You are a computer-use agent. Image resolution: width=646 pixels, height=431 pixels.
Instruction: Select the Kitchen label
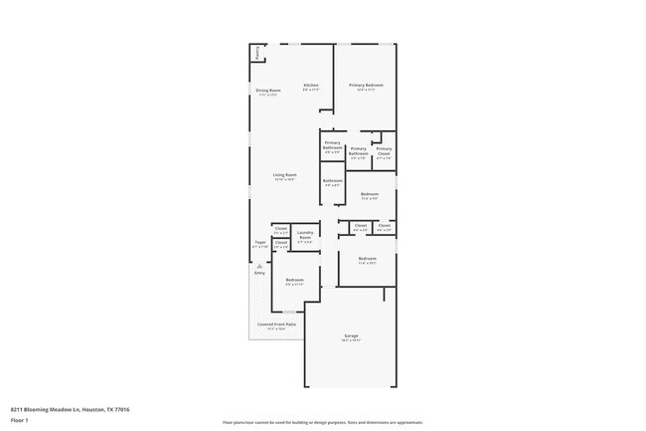coord(311,86)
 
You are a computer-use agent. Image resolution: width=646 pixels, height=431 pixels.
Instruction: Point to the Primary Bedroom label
coord(366,86)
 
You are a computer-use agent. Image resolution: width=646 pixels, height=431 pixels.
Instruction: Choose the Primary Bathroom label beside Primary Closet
coord(358,150)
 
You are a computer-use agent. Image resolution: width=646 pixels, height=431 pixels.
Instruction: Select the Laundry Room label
coord(305,237)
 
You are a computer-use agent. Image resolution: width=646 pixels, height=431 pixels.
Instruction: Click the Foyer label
coord(260,242)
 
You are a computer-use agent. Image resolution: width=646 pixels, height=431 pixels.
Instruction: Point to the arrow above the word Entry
coord(259,266)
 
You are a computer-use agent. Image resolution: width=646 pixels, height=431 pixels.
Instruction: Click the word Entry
coord(259,273)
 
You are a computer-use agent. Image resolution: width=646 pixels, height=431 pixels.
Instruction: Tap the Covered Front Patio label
coord(272,324)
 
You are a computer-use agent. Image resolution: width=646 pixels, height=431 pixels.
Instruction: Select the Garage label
coord(351,336)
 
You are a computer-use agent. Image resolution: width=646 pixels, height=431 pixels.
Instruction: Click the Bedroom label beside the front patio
coord(294,281)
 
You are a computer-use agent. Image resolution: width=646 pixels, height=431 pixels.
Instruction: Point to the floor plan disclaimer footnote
coord(323,422)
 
